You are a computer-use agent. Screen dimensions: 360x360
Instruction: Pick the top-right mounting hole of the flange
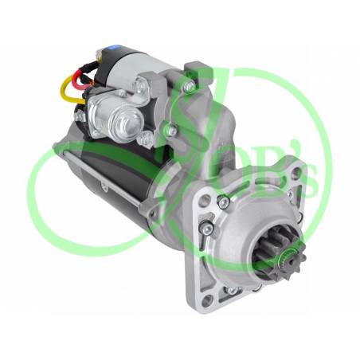pyautogui.click(x=295, y=170)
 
